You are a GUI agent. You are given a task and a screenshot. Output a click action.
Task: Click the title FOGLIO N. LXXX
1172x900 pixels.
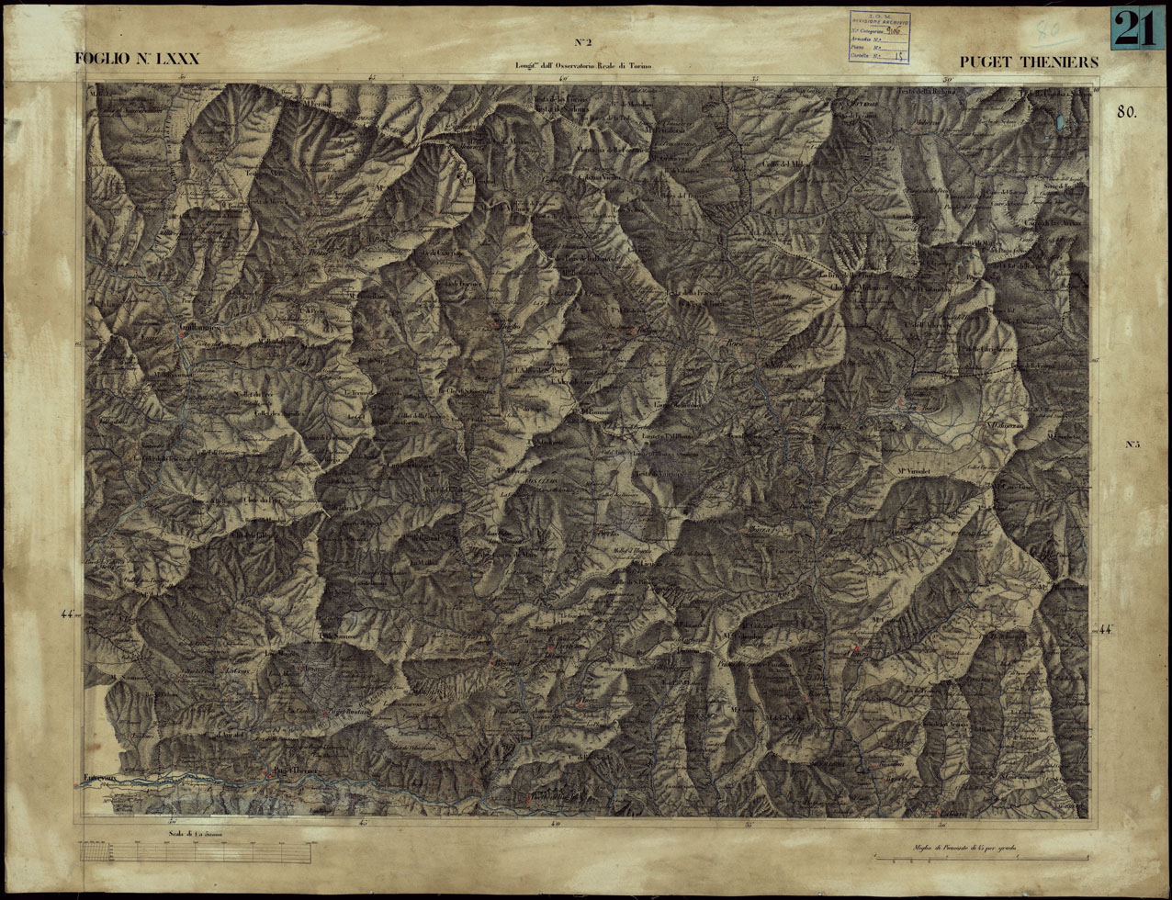(x=137, y=61)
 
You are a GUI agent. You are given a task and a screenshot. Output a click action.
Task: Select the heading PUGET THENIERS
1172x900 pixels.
(x=1029, y=62)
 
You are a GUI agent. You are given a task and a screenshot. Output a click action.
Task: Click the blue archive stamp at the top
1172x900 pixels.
(x=879, y=37)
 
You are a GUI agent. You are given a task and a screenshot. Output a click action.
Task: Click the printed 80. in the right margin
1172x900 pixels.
(x=1127, y=112)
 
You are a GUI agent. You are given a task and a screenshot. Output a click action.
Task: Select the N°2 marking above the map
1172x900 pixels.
(x=582, y=42)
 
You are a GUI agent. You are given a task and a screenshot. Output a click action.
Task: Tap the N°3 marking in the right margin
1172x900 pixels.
(x=1132, y=445)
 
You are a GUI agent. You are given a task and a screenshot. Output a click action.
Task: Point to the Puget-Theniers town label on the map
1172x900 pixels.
(x=293, y=771)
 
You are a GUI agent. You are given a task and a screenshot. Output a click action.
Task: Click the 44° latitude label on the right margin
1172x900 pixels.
(x=1105, y=630)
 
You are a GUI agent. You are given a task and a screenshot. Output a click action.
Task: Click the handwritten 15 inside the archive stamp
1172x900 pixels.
(x=898, y=56)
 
